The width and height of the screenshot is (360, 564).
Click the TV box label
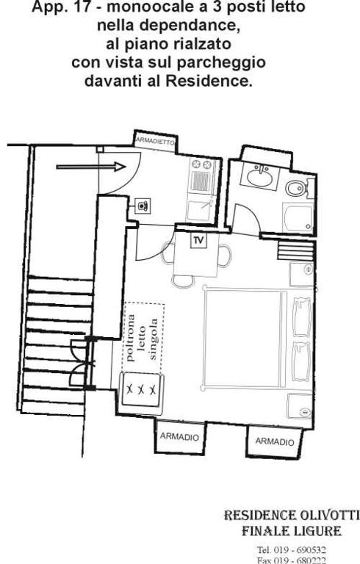[198, 241]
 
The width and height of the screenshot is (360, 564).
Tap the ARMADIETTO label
[155, 141]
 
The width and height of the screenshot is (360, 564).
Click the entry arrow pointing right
[91, 167]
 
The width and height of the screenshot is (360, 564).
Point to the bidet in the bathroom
[295, 188]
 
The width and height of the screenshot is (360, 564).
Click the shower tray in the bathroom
[298, 218]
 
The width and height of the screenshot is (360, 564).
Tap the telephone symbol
[143, 206]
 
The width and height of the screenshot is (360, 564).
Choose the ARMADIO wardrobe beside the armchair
[180, 437]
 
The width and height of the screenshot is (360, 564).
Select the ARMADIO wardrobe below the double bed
[275, 441]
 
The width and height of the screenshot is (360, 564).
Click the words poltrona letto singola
[143, 339]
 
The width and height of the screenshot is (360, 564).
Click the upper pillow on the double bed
[302, 317]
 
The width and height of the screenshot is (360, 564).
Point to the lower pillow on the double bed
[302, 361]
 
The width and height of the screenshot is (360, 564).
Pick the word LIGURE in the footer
[318, 531]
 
